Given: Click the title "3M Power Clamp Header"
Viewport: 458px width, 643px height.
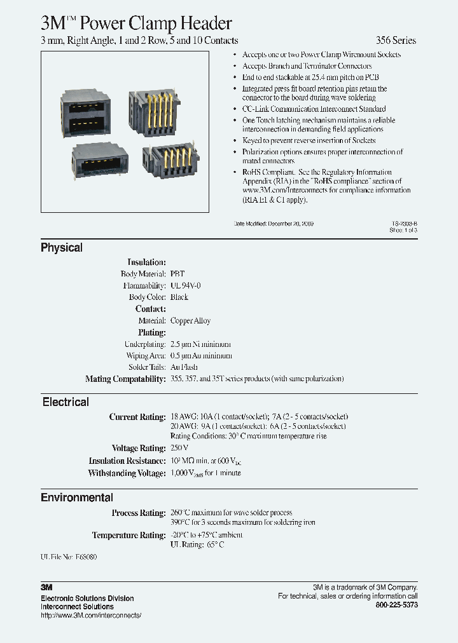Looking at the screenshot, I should (136, 24).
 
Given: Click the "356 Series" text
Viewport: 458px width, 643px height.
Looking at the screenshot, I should (396, 41).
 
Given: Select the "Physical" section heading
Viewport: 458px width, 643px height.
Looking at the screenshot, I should (62, 248).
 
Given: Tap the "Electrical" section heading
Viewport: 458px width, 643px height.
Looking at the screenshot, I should (66, 402).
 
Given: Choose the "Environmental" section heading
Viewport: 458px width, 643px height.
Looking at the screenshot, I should (77, 497).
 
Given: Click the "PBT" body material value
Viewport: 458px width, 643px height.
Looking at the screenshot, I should (177, 274).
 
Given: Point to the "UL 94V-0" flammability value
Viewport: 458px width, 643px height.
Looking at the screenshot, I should (186, 286).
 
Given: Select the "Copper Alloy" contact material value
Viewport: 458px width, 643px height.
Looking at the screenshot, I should (190, 321).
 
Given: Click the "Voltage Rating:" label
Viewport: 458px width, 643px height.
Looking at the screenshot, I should (139, 449).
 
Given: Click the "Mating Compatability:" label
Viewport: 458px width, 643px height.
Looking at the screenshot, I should (125, 379).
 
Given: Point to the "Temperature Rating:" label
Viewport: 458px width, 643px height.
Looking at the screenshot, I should (128, 535).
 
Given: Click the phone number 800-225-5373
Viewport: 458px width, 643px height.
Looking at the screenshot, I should (397, 606).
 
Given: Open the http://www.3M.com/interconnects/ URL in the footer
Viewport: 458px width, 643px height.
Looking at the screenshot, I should (90, 616).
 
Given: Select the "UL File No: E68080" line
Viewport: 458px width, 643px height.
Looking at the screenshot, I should (69, 557).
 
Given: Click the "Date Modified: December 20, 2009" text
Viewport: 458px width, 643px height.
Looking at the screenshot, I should (274, 224).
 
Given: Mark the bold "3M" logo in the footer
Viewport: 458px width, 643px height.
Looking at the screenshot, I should (46, 588).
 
